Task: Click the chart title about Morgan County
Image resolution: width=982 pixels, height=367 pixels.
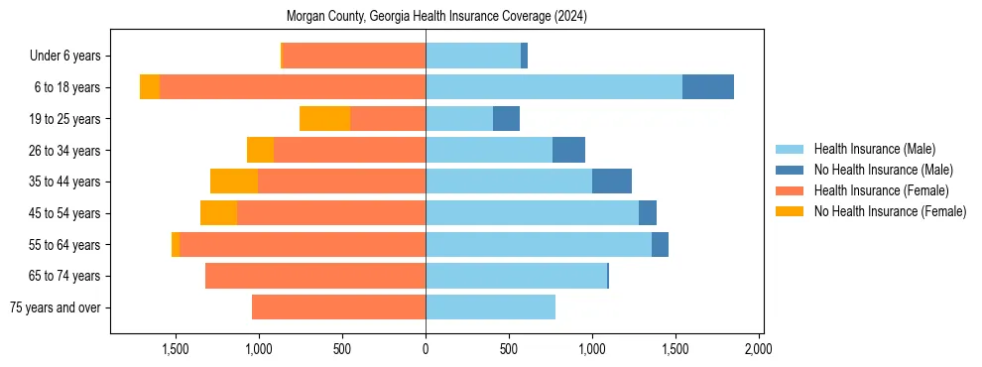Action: (x=436, y=16)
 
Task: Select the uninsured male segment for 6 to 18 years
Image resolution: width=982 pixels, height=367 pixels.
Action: (x=708, y=87)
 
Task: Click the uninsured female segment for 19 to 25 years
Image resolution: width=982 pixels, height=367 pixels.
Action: (x=324, y=119)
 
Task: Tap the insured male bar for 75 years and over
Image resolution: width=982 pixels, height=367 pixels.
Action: (x=490, y=307)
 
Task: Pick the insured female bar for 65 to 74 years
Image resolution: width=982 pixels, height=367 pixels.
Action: (x=315, y=276)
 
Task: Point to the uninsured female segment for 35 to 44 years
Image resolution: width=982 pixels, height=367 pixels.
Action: (x=234, y=182)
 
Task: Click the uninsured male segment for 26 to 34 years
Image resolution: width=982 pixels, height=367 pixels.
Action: (x=568, y=150)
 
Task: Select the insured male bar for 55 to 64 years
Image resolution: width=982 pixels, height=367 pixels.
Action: (x=539, y=244)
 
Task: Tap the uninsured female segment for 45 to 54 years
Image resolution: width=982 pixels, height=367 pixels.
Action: (x=218, y=213)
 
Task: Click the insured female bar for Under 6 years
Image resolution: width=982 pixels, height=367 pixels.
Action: (x=354, y=56)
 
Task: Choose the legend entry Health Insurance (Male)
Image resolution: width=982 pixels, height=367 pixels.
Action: (x=874, y=149)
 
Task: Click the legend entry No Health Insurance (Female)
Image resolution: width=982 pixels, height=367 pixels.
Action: (x=890, y=211)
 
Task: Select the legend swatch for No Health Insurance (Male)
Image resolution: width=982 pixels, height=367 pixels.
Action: (x=791, y=170)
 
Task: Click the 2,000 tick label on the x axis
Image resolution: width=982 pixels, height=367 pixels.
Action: (x=759, y=349)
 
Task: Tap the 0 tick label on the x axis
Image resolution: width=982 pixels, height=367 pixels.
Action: (x=426, y=349)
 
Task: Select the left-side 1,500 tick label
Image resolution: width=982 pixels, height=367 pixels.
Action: (x=176, y=349)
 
